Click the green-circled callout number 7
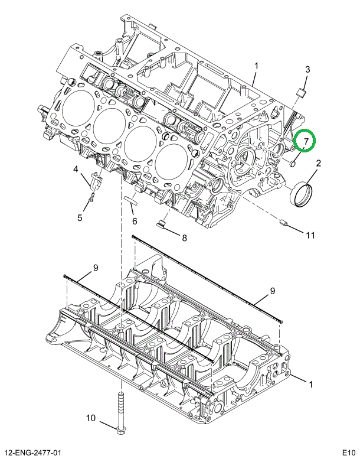pyautogui.click(x=306, y=142)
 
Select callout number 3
pyautogui.click(x=307, y=70)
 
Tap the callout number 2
pyautogui.click(x=318, y=164)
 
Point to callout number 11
pyautogui.click(x=310, y=235)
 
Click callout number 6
pyautogui.click(x=134, y=222)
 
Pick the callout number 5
pyautogui.click(x=80, y=217)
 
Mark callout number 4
pyautogui.click(x=76, y=170)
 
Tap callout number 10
pyautogui.click(x=91, y=418)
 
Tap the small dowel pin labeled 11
pyautogui.click(x=284, y=224)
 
